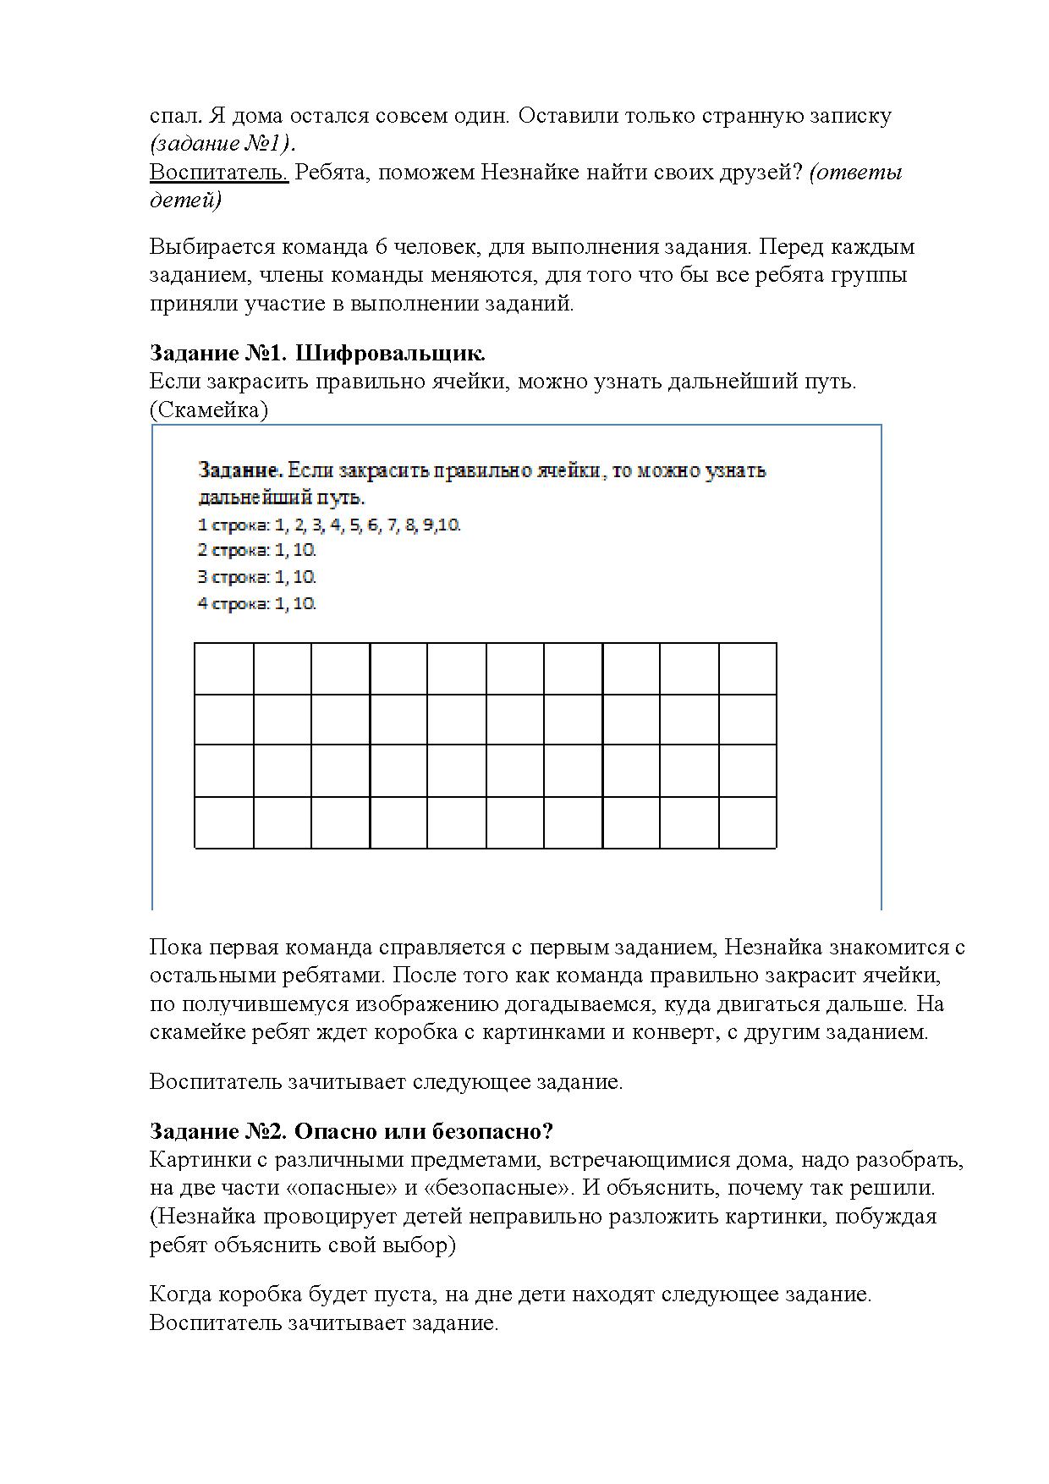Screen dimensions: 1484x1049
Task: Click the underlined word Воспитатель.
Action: pyautogui.click(x=218, y=173)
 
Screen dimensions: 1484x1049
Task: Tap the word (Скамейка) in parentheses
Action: pyautogui.click(x=208, y=410)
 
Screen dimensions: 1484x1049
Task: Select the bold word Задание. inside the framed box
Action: pyautogui.click(x=240, y=470)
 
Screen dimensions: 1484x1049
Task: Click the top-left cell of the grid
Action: pyautogui.click(x=224, y=669)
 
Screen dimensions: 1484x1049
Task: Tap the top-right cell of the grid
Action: pyautogui.click(x=748, y=669)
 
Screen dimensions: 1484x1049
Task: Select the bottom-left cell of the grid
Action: pyautogui.click(x=224, y=822)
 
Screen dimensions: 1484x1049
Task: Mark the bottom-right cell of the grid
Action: pyautogui.click(x=748, y=822)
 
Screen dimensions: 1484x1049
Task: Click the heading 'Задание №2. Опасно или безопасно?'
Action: pyautogui.click(x=351, y=1131)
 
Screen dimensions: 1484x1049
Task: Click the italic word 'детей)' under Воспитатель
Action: pyautogui.click(x=185, y=201)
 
